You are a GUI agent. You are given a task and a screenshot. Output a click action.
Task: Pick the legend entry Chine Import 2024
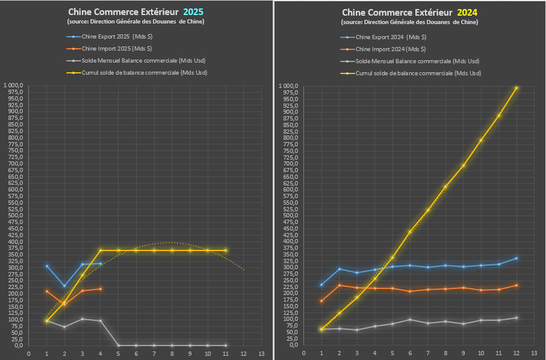click(x=390, y=49)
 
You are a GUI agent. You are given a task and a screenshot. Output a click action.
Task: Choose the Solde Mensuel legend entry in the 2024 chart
click(x=417, y=61)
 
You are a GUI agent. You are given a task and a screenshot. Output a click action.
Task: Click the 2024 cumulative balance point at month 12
click(x=517, y=88)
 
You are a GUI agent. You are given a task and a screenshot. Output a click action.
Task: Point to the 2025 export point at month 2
click(x=64, y=286)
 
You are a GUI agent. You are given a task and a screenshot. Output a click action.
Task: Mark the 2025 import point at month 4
click(x=101, y=289)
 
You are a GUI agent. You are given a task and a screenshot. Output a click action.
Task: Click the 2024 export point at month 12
click(x=517, y=258)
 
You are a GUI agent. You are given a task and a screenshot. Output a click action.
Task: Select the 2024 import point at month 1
click(x=321, y=301)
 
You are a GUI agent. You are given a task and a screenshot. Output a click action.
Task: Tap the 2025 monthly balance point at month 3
click(x=82, y=319)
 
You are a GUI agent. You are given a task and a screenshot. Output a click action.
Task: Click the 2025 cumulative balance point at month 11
click(x=225, y=250)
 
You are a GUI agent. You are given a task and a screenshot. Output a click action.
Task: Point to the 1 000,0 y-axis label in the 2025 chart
click(x=13, y=85)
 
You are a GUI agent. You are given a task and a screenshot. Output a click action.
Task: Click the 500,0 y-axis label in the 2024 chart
click(x=290, y=216)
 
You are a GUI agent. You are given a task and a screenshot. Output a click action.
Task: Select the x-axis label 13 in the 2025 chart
click(x=261, y=353)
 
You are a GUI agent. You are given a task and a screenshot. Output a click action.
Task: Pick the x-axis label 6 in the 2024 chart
click(x=410, y=353)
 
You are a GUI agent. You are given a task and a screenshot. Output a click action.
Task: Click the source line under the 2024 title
click(x=409, y=22)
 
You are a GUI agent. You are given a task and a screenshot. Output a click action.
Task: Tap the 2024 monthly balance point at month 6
click(x=410, y=320)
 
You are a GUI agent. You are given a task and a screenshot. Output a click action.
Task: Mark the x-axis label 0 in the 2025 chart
click(x=28, y=353)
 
